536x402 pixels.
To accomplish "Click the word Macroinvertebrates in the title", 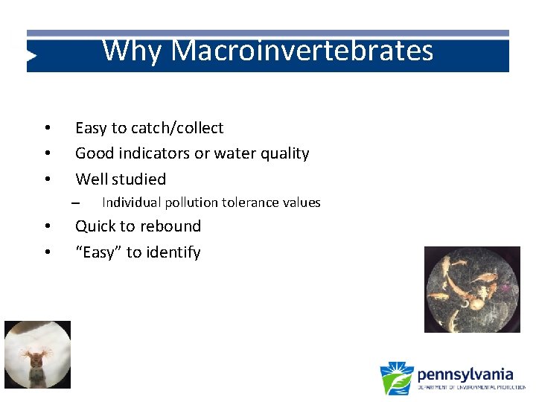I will (x=302, y=51).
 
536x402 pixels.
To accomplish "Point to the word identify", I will (x=173, y=252).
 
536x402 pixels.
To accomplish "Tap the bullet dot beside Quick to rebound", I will (x=46, y=227).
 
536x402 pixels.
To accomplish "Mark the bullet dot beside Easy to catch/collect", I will (x=46, y=129).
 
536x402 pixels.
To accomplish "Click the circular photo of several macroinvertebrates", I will (x=472, y=290).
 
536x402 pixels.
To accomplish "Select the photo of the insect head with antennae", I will (x=37, y=354).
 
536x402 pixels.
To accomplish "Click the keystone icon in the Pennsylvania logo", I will (x=396, y=378).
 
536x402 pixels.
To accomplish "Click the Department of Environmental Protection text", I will (x=470, y=387).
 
